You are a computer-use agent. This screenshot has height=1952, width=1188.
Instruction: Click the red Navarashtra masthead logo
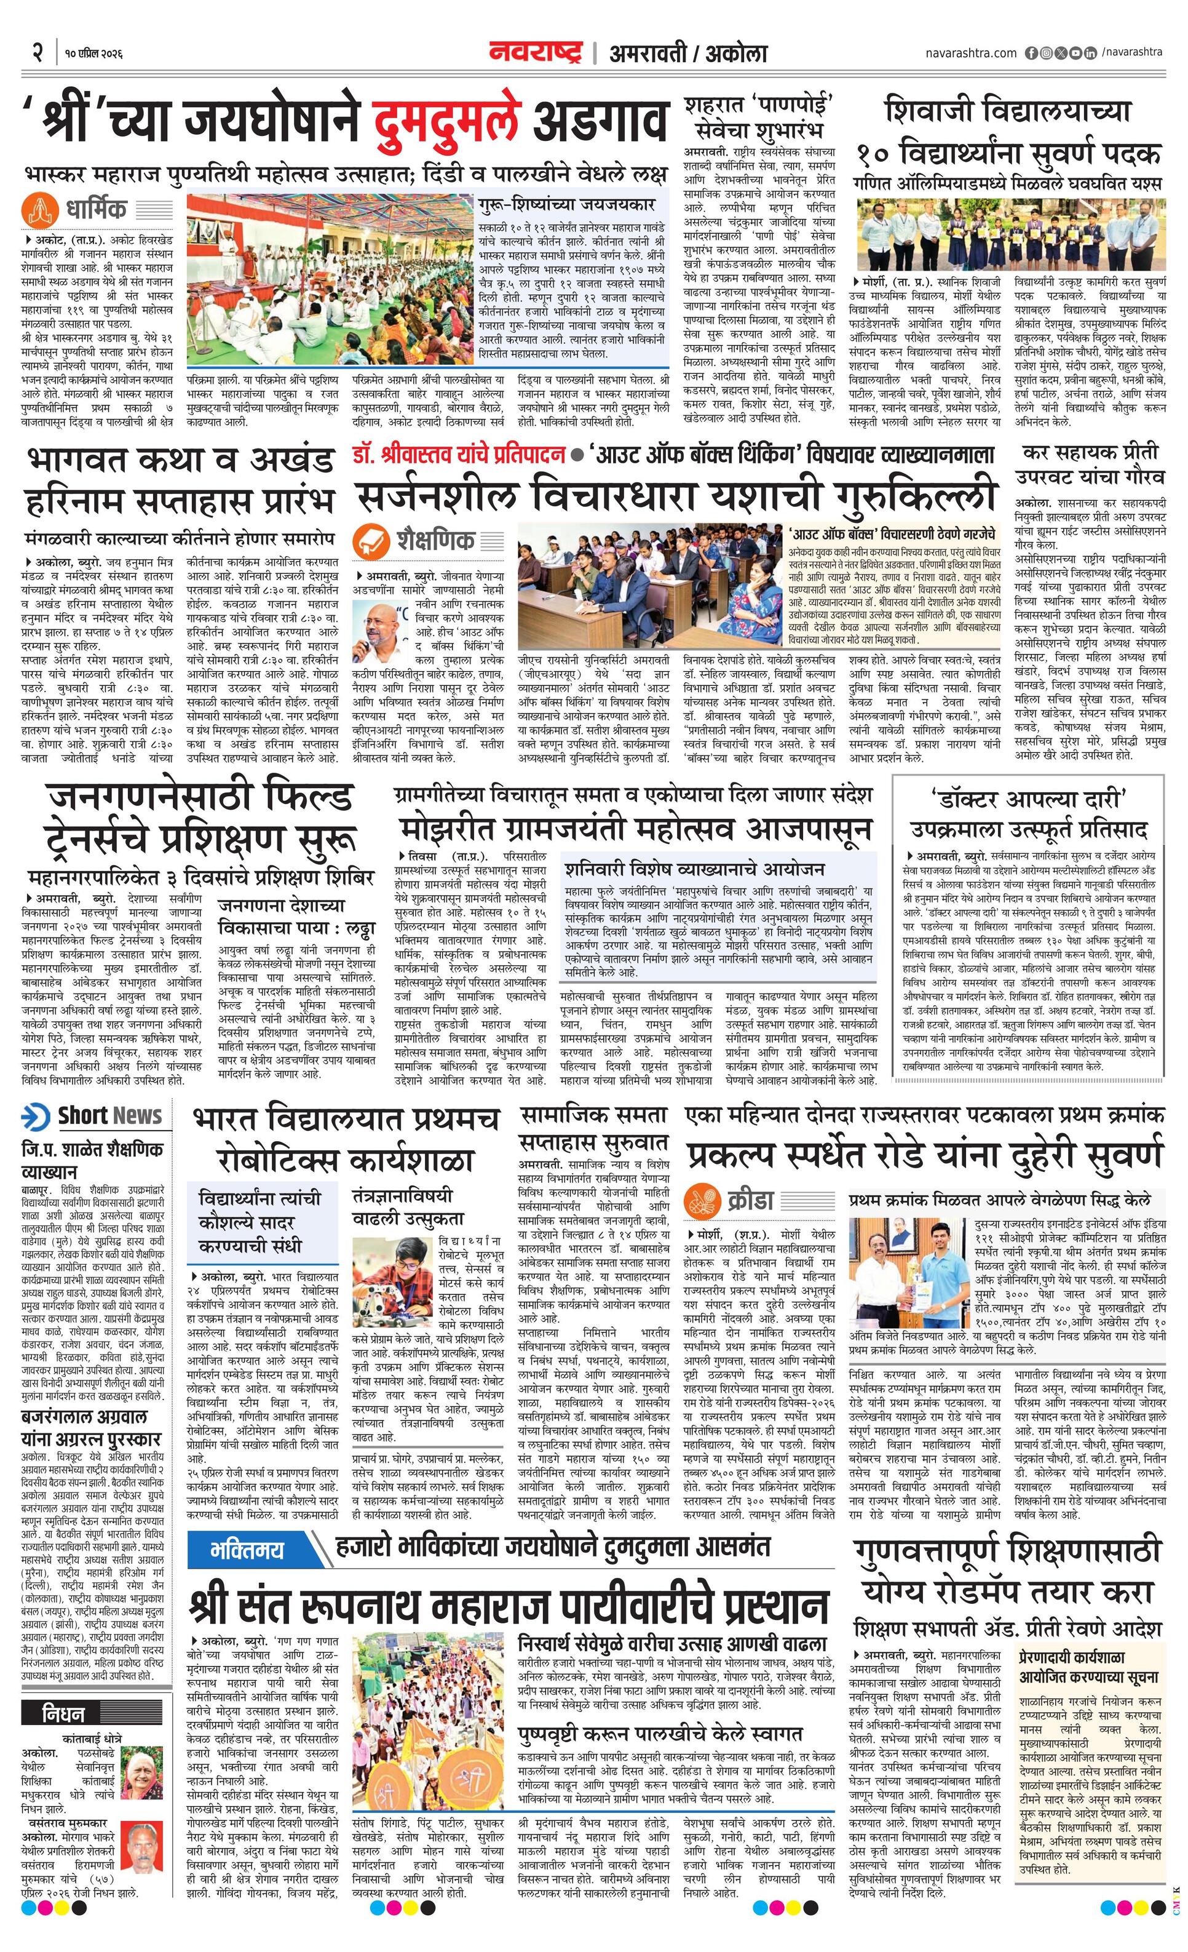(536, 53)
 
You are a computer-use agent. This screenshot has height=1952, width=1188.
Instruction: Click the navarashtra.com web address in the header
(970, 53)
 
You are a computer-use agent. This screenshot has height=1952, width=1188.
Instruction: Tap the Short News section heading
(110, 1115)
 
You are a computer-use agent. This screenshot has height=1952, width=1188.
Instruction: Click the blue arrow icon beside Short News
(36, 1116)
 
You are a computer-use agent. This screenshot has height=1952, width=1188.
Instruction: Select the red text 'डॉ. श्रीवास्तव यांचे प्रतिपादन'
(459, 455)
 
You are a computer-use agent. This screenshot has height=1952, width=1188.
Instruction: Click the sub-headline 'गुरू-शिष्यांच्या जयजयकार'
(566, 204)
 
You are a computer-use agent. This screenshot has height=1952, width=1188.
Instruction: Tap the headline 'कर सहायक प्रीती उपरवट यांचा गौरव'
(1091, 464)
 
